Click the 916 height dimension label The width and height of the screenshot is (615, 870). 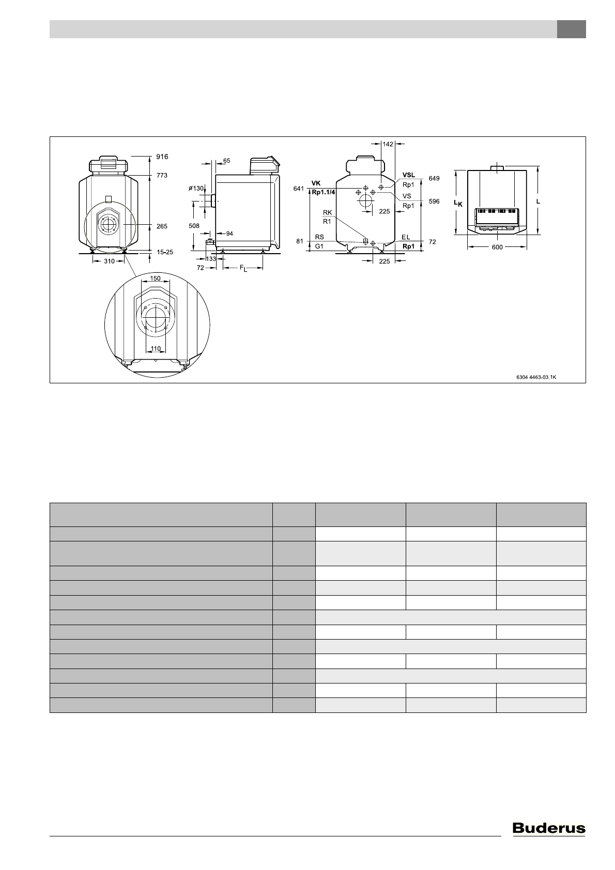point(162,157)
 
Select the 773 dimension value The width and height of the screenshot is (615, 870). point(162,175)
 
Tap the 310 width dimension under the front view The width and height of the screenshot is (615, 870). point(109,261)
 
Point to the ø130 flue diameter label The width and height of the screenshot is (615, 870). point(196,189)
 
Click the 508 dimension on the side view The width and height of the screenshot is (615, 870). point(194,226)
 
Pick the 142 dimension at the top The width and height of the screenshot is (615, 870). point(388,144)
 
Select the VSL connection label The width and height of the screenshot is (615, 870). point(409,175)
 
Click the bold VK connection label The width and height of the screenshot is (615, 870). point(316,183)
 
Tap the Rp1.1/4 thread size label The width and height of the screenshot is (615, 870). point(323,192)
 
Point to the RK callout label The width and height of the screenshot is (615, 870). point(328,212)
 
